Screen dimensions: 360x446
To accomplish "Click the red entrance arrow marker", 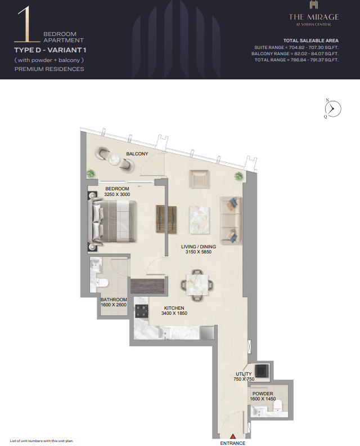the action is tap(233, 436).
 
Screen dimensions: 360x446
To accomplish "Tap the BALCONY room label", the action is tap(137, 154).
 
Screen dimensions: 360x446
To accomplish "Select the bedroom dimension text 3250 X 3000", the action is tap(117, 194).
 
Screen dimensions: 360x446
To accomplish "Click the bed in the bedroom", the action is tap(112, 221).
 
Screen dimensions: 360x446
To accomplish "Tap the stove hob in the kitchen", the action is tap(142, 311).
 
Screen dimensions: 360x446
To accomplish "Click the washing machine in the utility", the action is tap(262, 371).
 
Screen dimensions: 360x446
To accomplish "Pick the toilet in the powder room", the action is tap(278, 405).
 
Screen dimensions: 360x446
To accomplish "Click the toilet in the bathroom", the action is tap(102, 283).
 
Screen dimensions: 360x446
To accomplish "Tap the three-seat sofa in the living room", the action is tap(231, 221).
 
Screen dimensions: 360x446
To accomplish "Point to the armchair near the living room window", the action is tap(200, 179).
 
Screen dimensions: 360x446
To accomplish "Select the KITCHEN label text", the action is tap(174, 308).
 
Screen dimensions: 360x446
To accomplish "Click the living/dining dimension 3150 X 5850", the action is tap(199, 252).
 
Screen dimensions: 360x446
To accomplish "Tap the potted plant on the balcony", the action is tap(91, 173).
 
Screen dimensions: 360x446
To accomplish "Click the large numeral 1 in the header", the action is tap(27, 24).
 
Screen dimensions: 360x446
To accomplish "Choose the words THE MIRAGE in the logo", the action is tap(314, 17).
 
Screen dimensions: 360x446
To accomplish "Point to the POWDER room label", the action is tap(263, 394).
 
